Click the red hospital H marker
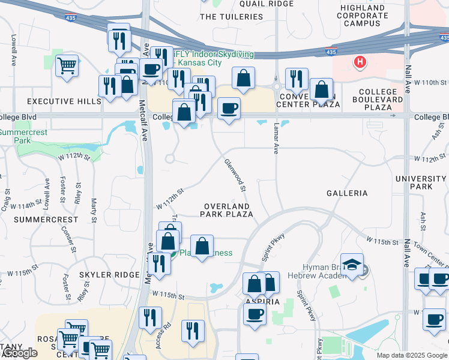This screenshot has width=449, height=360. tap(360, 61)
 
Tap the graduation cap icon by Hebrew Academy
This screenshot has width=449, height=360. tap(352, 264)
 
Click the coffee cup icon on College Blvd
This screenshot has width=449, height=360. tap(229, 109)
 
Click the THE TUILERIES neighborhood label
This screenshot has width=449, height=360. tap(231, 17)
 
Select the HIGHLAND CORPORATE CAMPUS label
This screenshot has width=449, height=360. tap(363, 15)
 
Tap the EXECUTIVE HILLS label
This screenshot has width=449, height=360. tap(64, 101)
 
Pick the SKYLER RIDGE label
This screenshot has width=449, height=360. tap(109, 274)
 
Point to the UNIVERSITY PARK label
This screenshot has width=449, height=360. tap(421, 183)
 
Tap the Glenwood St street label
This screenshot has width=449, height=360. tap(235, 175)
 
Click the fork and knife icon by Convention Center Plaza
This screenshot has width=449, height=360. tap(297, 79)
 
